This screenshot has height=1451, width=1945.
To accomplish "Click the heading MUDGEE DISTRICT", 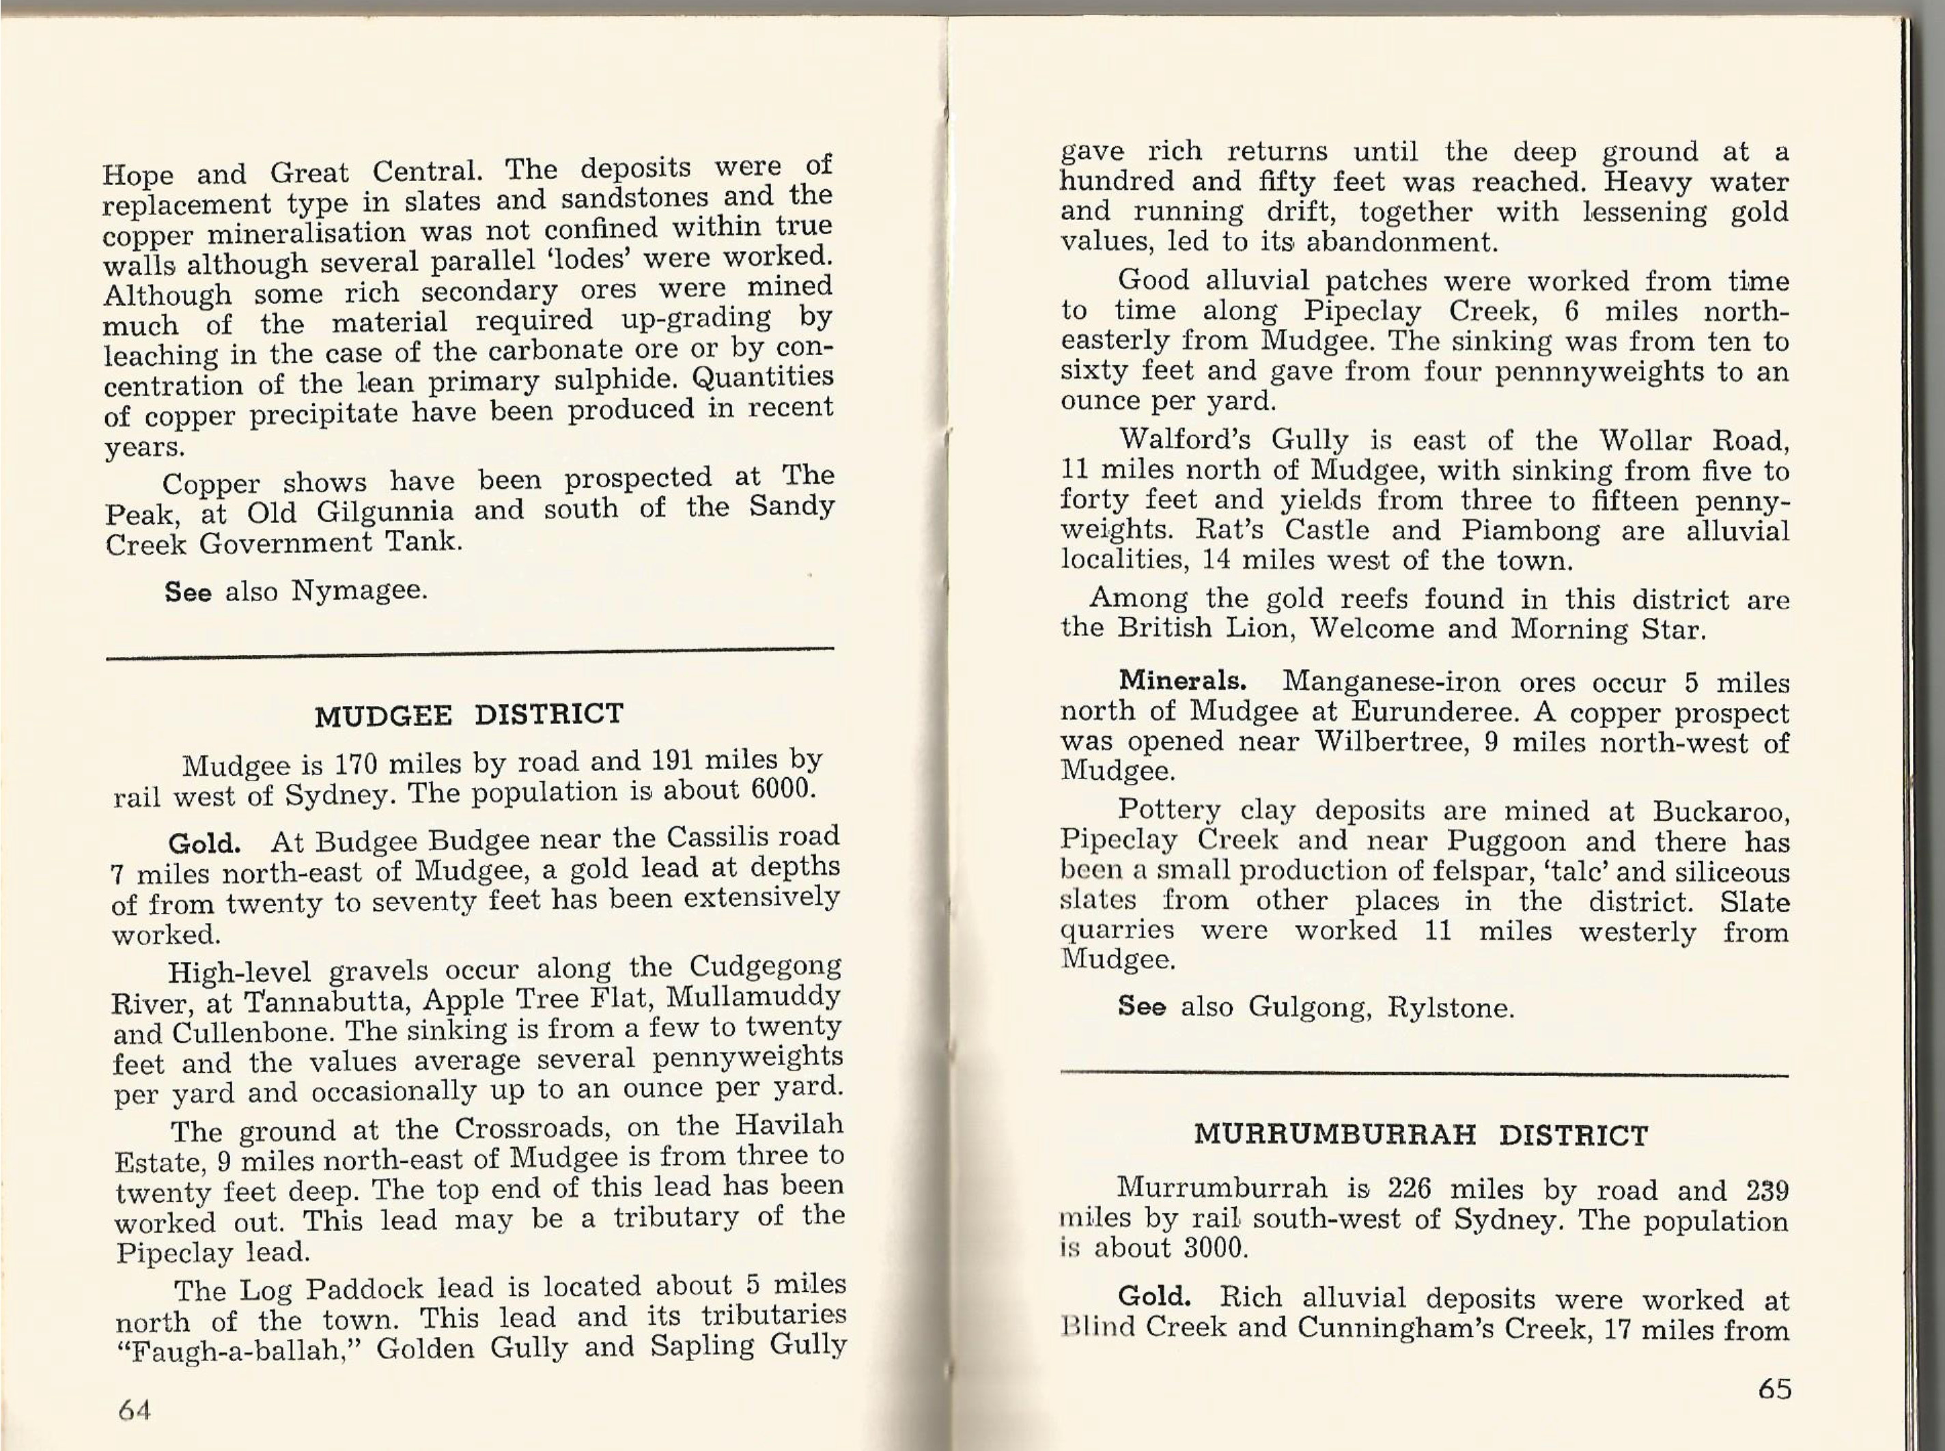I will tap(469, 714).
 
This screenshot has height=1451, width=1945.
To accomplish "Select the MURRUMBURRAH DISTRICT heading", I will tap(1421, 1135).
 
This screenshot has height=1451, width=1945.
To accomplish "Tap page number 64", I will tap(135, 1411).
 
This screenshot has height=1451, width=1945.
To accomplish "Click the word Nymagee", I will tap(359, 590).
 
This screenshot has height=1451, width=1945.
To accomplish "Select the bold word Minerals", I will tap(1181, 681).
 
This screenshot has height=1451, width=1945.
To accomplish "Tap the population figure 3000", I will tap(1215, 1248).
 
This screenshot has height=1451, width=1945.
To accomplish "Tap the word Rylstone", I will tap(1449, 1007).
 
